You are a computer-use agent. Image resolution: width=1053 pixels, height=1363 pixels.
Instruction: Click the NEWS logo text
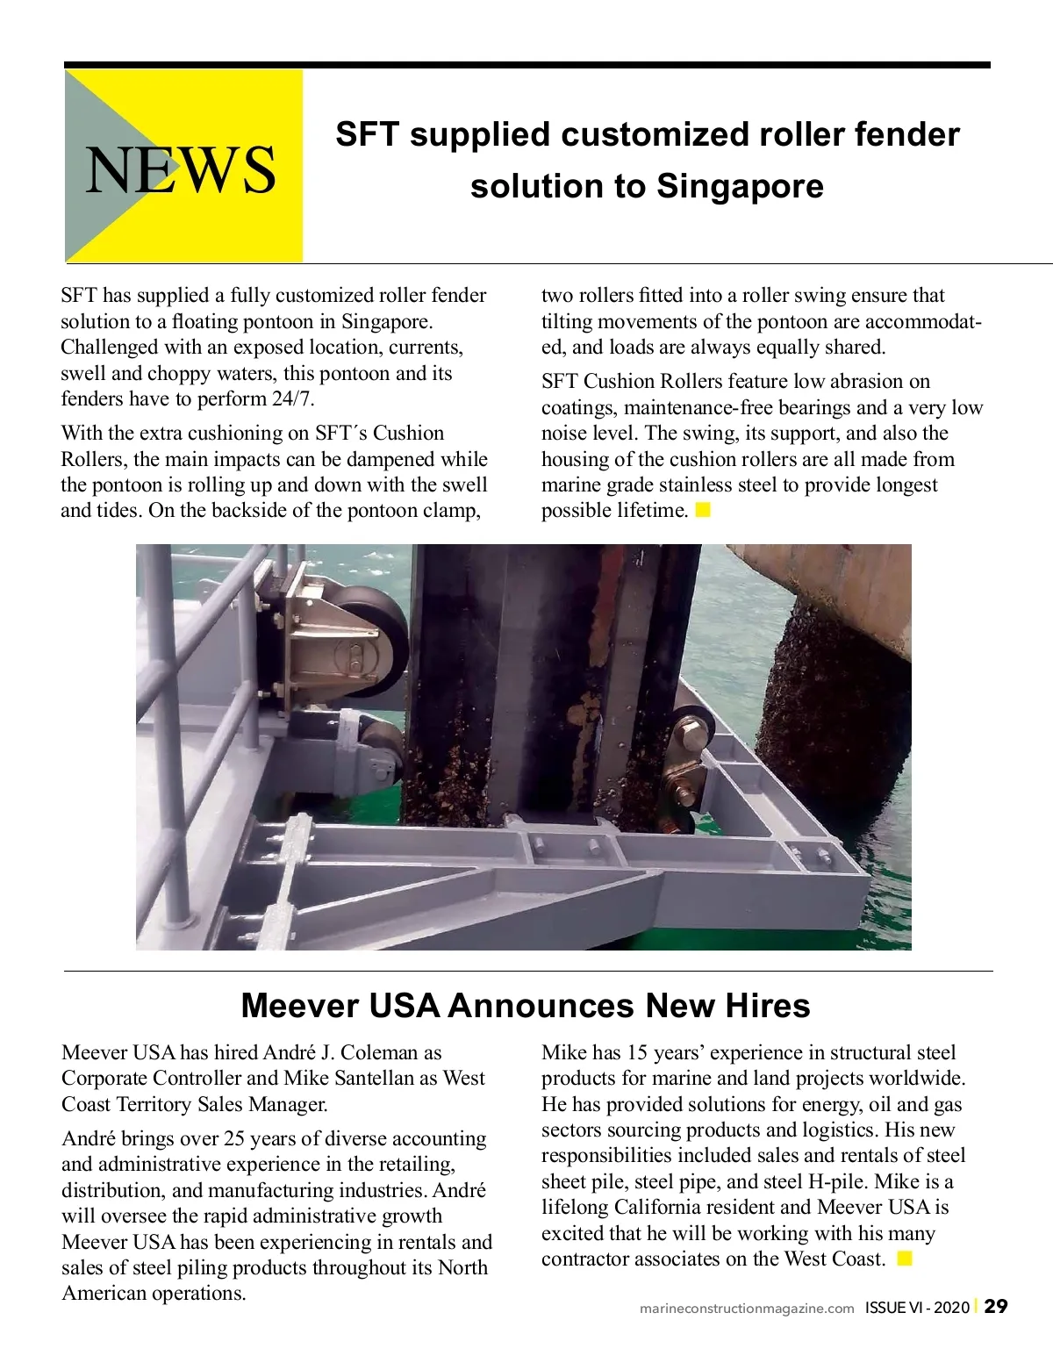pyautogui.click(x=180, y=169)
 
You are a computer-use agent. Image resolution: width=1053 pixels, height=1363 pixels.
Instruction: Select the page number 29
pyautogui.click(x=996, y=1306)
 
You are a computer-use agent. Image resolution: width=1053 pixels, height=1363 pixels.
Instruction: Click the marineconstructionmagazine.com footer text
pyautogui.click(x=747, y=1308)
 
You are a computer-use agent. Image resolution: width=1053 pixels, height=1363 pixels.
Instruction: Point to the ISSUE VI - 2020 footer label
pyautogui.click(x=917, y=1308)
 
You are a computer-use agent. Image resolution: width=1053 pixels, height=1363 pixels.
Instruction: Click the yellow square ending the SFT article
pyautogui.click(x=703, y=510)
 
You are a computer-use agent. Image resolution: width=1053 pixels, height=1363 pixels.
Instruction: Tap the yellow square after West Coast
pyautogui.click(x=905, y=1259)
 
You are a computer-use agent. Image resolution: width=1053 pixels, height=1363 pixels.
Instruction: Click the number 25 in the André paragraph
pyautogui.click(x=234, y=1138)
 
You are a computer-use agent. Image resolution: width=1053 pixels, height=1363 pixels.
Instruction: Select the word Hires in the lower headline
pyautogui.click(x=767, y=1006)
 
